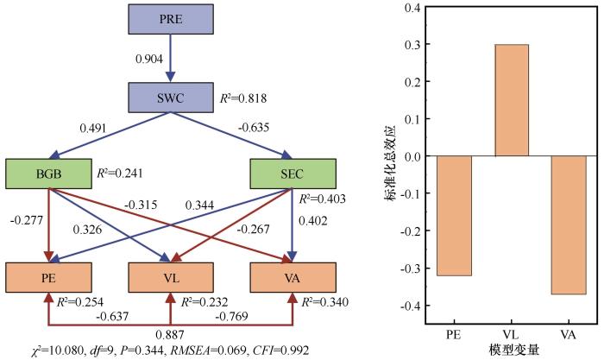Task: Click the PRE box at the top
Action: click(x=171, y=19)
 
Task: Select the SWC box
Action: click(x=171, y=98)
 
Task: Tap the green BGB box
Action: click(x=48, y=174)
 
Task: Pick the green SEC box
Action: click(x=293, y=174)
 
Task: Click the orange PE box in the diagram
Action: click(x=48, y=277)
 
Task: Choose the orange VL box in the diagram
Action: click(x=171, y=277)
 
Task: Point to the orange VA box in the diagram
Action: click(x=293, y=277)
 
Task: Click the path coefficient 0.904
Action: click(x=149, y=59)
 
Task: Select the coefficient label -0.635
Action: click(x=253, y=127)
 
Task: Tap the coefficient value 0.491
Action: click(x=93, y=128)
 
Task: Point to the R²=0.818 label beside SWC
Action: click(x=243, y=98)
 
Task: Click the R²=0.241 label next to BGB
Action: click(x=119, y=173)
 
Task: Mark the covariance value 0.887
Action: click(x=170, y=335)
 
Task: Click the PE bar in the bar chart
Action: click(x=454, y=216)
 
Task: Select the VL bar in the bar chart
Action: click(x=511, y=100)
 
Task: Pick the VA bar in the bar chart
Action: click(x=569, y=224)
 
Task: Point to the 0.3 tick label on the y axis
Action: click(x=412, y=45)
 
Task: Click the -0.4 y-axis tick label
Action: click(x=410, y=306)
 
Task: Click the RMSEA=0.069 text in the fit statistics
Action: click(x=208, y=351)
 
